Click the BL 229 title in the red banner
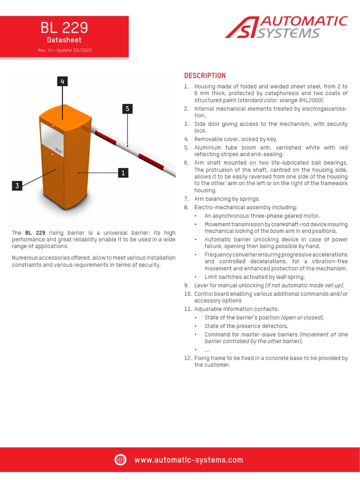[x=64, y=28]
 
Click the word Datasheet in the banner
[x=64, y=40]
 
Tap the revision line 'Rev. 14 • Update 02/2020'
[x=64, y=50]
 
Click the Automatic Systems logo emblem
[x=243, y=28]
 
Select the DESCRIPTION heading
[x=205, y=75]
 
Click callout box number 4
[x=62, y=82]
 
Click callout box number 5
[x=127, y=109]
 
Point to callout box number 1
[x=123, y=173]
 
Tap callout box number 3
[x=17, y=186]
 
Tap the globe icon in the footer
[x=120, y=460]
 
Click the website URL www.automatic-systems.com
[x=188, y=460]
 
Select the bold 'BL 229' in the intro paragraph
[x=35, y=233]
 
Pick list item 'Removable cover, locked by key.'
[x=236, y=139]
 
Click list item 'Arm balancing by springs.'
[x=227, y=199]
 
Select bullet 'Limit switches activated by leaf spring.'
[x=255, y=277]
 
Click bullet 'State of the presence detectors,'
[x=246, y=326]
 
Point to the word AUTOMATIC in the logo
[x=303, y=21]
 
